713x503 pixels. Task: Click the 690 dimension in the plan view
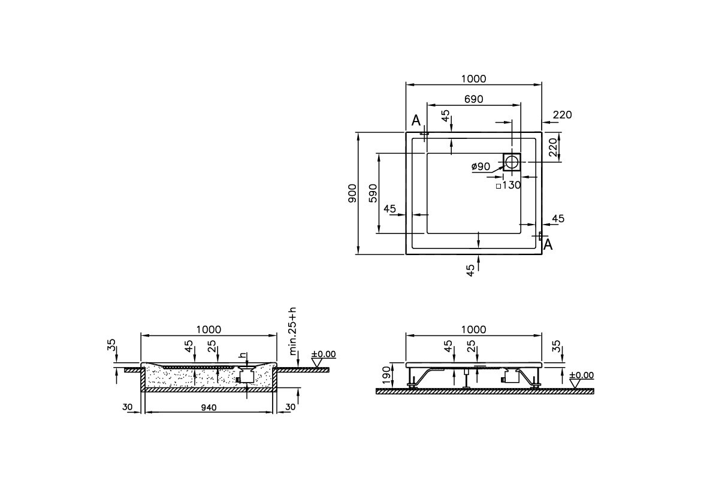point(473,99)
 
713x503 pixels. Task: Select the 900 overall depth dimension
point(352,193)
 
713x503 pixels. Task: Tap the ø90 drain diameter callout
point(481,166)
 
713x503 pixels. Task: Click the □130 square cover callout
point(509,186)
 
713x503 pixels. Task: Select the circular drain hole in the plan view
point(512,162)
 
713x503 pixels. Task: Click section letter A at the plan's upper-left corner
point(416,121)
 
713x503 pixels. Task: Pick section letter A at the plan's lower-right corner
point(548,244)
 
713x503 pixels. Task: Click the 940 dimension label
point(208,407)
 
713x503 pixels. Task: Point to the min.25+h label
point(292,331)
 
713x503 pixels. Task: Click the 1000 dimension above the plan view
point(473,79)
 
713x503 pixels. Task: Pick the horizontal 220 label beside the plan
point(562,115)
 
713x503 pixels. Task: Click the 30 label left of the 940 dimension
point(128,407)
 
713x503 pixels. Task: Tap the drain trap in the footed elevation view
point(511,377)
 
